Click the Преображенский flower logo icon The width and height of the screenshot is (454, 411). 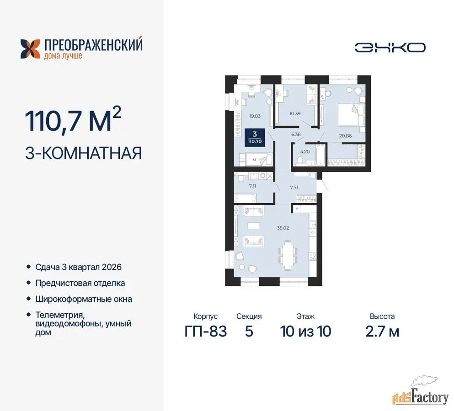[x=30, y=49]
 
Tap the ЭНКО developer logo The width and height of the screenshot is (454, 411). [x=390, y=48]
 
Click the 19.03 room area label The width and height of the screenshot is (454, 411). [x=255, y=116]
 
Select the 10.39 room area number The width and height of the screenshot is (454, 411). [x=295, y=113]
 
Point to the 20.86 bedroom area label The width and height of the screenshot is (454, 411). [x=346, y=136]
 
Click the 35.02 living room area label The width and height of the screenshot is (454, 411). [x=283, y=228]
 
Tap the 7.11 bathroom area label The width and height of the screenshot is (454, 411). [x=252, y=186]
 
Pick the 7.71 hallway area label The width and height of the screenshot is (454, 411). [x=294, y=187]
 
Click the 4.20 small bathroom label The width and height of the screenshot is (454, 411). [x=305, y=152]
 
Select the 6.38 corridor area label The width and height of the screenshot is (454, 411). [x=296, y=134]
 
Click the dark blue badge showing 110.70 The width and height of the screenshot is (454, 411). [x=255, y=137]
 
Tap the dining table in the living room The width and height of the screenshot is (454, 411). [x=288, y=255]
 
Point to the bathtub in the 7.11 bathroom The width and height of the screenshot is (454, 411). [x=245, y=198]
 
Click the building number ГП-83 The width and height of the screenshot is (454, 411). [x=206, y=332]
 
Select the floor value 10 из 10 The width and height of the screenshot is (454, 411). [x=305, y=332]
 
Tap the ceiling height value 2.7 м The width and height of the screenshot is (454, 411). [x=382, y=332]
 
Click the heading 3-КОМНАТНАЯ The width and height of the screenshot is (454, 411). [x=83, y=153]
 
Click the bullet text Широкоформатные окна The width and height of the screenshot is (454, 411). [x=84, y=299]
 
